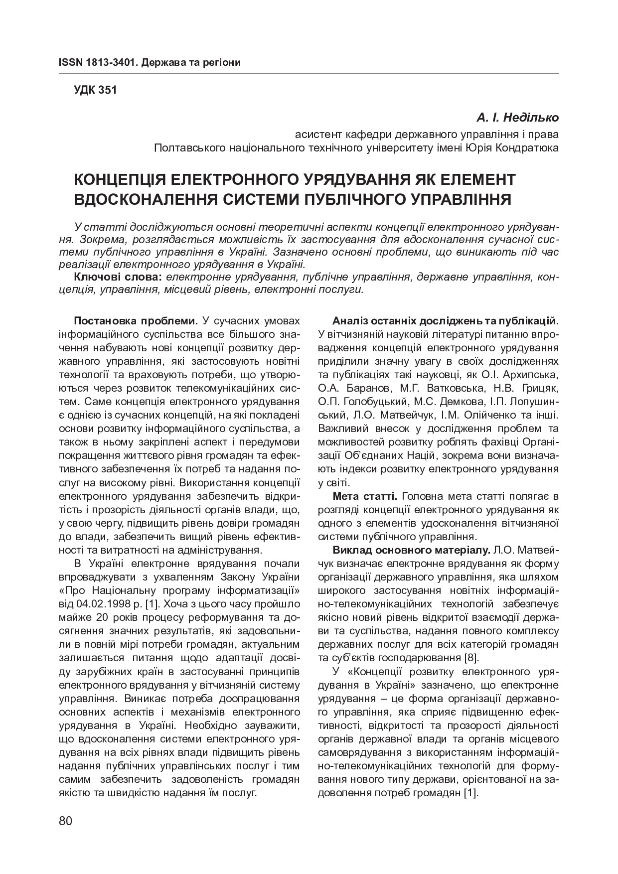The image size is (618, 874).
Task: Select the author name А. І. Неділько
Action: coord(517,118)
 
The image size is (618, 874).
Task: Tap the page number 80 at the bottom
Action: coord(66,821)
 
